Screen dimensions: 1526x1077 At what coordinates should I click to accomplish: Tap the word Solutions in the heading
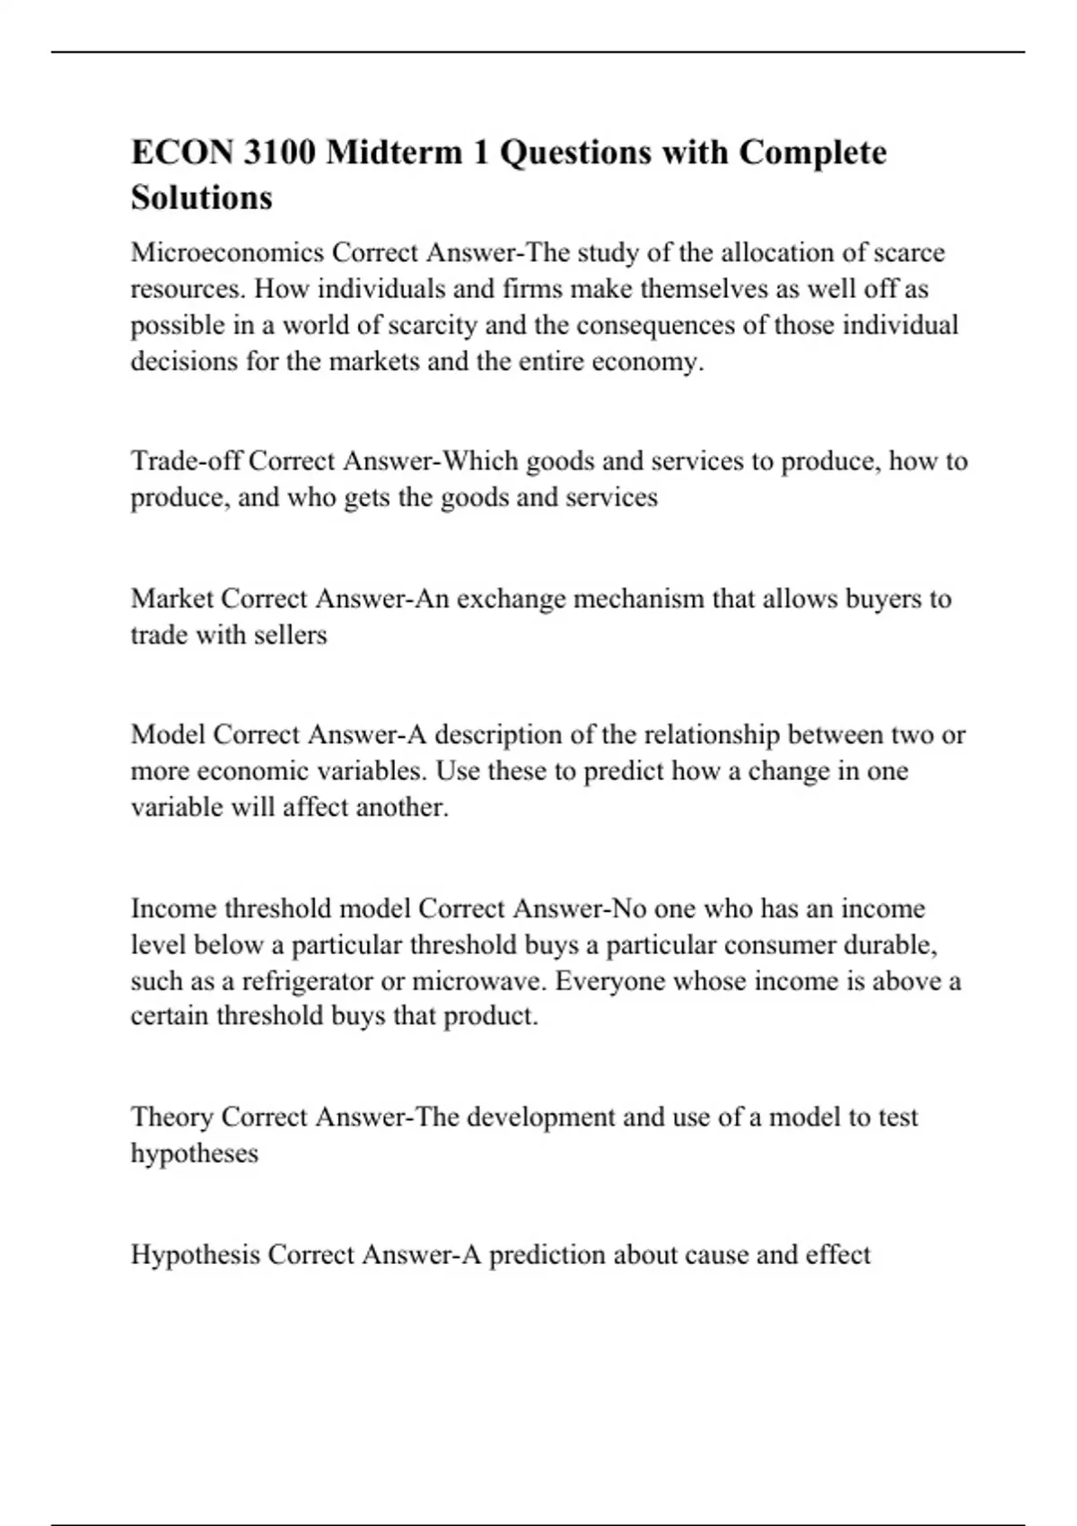[x=201, y=197]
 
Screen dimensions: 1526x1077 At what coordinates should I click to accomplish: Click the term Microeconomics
[x=227, y=253]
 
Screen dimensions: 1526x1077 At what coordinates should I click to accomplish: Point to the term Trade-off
[x=186, y=461]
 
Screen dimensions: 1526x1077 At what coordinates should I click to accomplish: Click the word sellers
[x=290, y=636]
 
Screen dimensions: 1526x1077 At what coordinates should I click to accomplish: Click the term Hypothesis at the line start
[x=196, y=1254]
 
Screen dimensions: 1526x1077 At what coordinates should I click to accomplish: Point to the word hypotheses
[x=194, y=1153]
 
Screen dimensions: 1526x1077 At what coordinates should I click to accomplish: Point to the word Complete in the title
[x=812, y=153]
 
